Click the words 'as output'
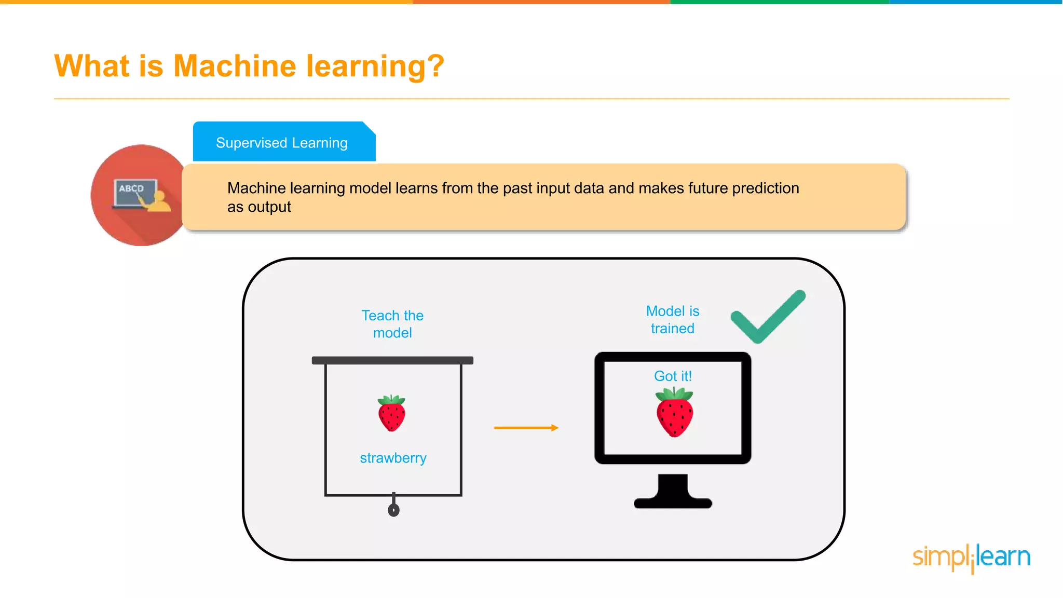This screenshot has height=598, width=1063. (259, 207)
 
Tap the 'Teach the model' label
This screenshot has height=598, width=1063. (392, 324)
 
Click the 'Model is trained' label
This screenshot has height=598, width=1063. (672, 320)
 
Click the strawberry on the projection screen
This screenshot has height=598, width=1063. (391, 414)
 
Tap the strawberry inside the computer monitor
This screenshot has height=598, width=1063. (674, 413)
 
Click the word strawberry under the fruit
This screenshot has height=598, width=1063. (393, 458)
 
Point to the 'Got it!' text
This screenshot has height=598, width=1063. (673, 376)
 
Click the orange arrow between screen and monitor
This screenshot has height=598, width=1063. (526, 428)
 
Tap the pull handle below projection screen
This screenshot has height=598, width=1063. (393, 509)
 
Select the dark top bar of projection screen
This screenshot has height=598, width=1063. (392, 360)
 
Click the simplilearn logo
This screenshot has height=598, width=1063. (971, 558)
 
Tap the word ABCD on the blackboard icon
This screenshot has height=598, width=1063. (131, 188)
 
